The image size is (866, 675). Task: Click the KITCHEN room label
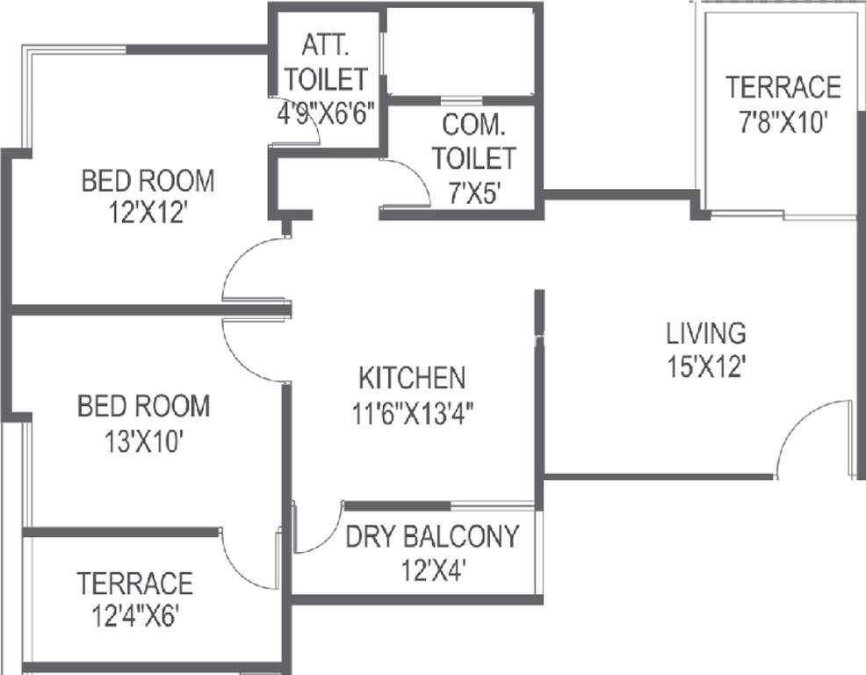412,378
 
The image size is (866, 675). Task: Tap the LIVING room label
706,333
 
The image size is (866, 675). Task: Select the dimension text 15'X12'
707,366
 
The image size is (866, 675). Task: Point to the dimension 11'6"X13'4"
413,412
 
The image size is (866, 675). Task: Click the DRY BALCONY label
432,536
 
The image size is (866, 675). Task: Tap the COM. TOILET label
474,142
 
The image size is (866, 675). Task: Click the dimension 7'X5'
474,193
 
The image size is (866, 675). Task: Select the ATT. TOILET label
326,62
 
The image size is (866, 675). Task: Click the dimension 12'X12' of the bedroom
146,213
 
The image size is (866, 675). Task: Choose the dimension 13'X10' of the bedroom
143,442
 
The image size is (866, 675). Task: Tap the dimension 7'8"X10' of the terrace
783,121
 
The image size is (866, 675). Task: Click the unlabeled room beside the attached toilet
460,52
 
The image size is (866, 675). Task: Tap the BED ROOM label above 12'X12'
148,181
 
